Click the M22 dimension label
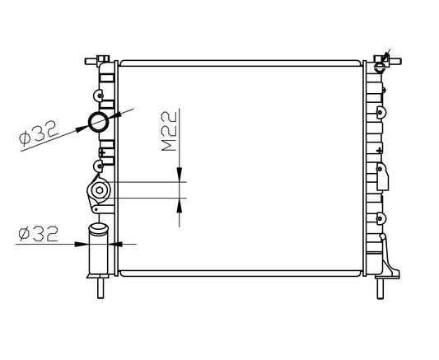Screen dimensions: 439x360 click(170, 131)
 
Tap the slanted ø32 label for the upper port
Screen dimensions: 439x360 click(39, 133)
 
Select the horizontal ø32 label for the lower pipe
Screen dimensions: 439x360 click(38, 234)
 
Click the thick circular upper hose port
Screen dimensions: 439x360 click(98, 122)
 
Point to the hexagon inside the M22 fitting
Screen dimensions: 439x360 click(100, 190)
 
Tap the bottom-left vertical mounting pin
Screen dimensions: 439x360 click(100, 288)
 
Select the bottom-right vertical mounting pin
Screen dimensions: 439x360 click(380, 289)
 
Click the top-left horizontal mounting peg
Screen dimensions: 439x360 click(91, 61)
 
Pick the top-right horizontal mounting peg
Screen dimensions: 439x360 click(395, 61)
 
